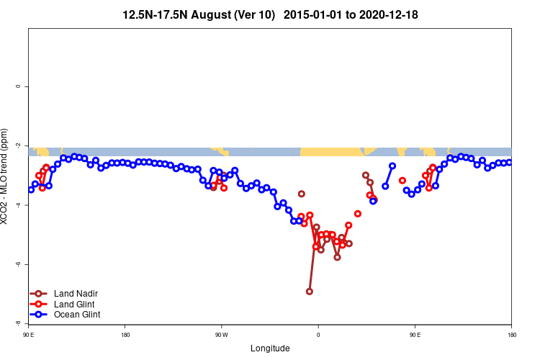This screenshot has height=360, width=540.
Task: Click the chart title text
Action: pyautogui.click(x=270, y=14)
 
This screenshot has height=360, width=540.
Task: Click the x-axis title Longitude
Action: pyautogui.click(x=270, y=348)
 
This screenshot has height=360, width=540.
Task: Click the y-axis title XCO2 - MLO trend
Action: pyautogui.click(x=6, y=176)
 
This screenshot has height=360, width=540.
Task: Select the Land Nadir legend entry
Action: pyautogui.click(x=76, y=294)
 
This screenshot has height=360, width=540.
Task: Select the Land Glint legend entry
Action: pyautogui.click(x=74, y=305)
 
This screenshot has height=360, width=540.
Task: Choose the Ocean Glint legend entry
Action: pyautogui.click(x=76, y=315)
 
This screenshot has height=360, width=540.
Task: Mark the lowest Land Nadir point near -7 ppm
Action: pyautogui.click(x=310, y=292)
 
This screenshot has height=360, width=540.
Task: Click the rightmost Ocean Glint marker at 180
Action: pyautogui.click(x=509, y=163)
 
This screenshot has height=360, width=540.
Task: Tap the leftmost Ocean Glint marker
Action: pyautogui.click(x=30, y=189)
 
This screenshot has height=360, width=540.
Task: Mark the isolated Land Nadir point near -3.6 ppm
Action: pyautogui.click(x=302, y=194)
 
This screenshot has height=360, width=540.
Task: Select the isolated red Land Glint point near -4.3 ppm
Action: pyautogui.click(x=358, y=214)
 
